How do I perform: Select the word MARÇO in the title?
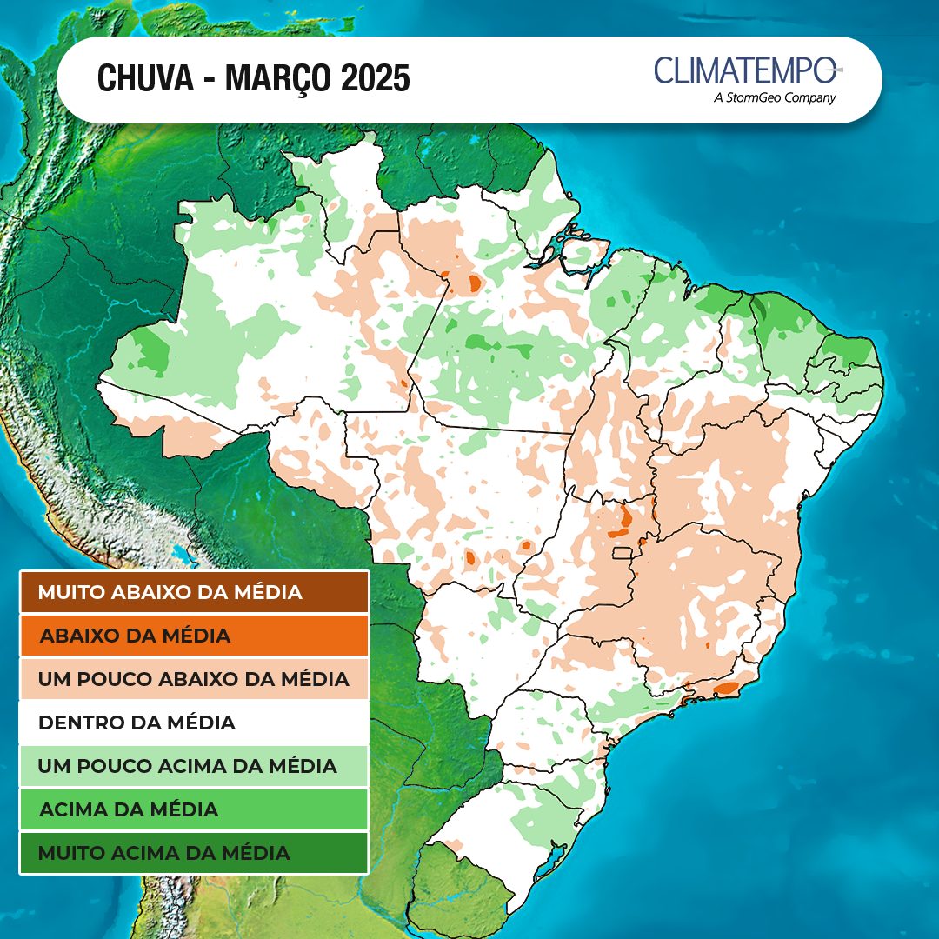coord(276,79)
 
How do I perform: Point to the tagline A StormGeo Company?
coord(774,98)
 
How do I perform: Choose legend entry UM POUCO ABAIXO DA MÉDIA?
coord(194,679)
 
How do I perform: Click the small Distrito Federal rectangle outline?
coord(623,553)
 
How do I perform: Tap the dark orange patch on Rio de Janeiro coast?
coord(725,689)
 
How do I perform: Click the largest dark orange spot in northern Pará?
coord(475,283)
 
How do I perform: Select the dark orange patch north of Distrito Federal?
coord(625,519)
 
